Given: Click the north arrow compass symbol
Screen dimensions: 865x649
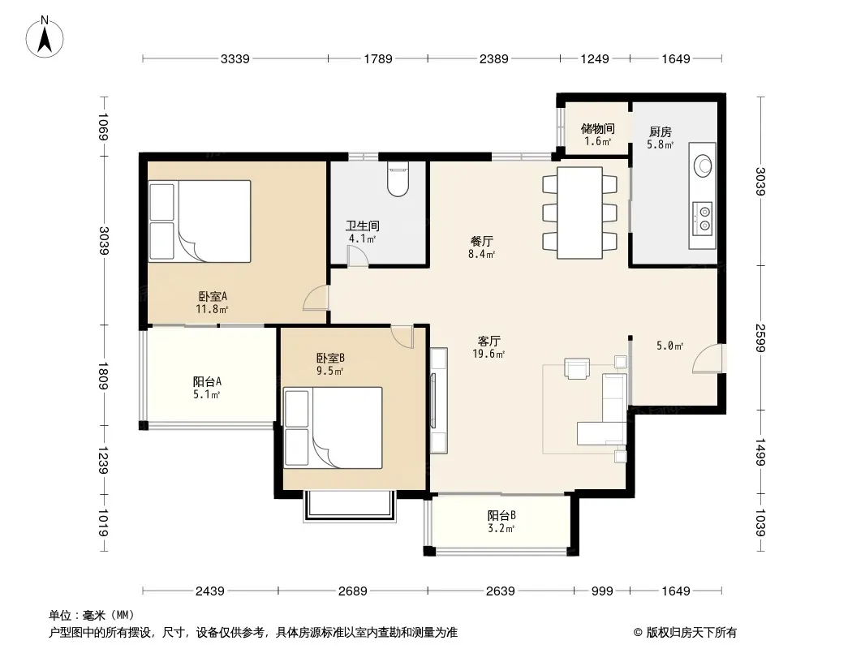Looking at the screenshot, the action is point(45,37).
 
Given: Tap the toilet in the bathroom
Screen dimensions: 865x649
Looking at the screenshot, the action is point(398,179).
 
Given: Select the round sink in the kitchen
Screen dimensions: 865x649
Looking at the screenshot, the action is point(703,166).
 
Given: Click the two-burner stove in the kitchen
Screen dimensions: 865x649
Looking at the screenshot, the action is point(703,217).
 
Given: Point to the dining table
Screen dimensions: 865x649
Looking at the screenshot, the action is point(579,213).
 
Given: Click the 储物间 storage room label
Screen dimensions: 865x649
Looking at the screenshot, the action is point(597,128).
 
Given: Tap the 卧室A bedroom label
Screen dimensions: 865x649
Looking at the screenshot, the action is point(213,297).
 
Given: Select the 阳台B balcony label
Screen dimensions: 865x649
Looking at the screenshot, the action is point(501,516).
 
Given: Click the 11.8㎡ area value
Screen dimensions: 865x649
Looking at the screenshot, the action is point(212,309).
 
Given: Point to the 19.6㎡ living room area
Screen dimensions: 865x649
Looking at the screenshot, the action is point(488,354).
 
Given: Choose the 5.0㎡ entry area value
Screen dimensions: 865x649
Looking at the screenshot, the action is point(669,346).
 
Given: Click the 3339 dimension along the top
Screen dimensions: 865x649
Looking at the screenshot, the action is point(235,58).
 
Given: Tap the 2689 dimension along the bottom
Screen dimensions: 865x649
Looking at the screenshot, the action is point(352,591).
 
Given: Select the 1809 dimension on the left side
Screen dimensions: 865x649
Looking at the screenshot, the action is point(103,376).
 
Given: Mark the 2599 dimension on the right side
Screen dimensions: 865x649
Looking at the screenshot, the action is point(761,338).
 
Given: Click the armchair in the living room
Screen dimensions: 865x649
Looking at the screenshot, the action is point(577,368).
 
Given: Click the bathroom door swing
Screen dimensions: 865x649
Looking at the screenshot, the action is point(358,256).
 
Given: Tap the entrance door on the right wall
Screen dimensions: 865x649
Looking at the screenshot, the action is point(708,359).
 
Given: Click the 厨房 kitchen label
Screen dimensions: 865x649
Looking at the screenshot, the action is point(661,131).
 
